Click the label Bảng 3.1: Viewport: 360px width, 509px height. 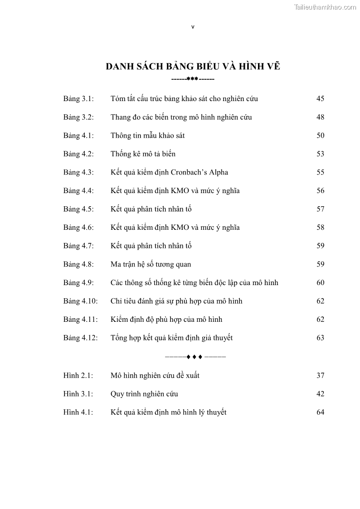tap(78, 99)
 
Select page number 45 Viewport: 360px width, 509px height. tap(320, 99)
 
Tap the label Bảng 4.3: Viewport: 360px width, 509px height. tap(78, 172)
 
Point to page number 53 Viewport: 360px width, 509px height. tap(320, 154)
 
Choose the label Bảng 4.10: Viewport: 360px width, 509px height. tap(80, 301)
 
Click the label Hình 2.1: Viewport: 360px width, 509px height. tap(78, 375)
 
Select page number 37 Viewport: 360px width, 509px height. tap(320, 375)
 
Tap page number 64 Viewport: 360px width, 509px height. tap(320, 412)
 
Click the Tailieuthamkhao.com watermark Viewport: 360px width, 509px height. tap(325, 7)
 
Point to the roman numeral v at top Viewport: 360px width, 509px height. tap(193, 27)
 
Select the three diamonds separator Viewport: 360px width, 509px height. tap(194, 357)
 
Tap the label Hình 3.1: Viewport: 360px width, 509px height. tap(78, 394)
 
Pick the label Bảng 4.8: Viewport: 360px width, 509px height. tap(78, 264)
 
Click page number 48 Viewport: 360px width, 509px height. tap(320, 117)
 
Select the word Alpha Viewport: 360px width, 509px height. tap(219, 172)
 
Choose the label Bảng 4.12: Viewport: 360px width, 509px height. tap(80, 338)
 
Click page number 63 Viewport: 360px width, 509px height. tap(320, 338)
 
